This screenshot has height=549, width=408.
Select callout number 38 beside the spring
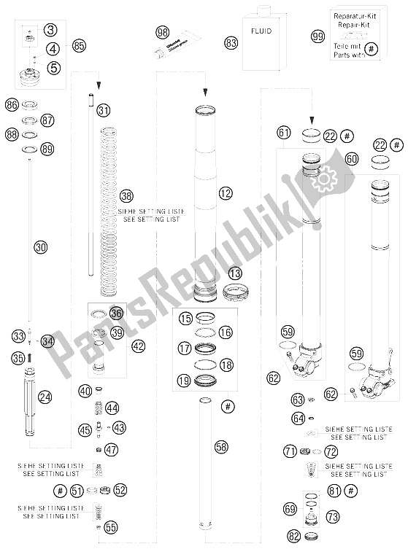click(127, 196)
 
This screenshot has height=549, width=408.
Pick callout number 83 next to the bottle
click(231, 43)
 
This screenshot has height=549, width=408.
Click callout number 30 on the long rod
click(41, 247)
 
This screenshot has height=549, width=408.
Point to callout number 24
click(45, 397)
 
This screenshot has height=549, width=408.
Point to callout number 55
click(111, 525)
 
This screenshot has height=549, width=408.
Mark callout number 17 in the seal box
click(185, 349)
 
